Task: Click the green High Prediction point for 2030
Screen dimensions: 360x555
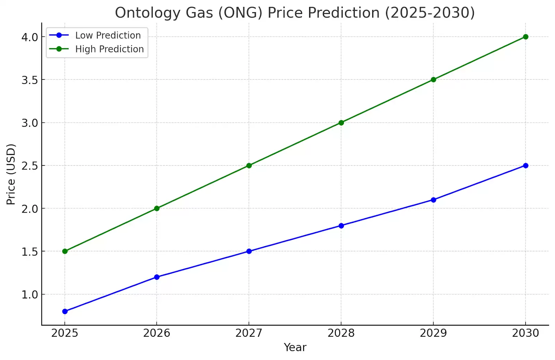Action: pyautogui.click(x=526, y=37)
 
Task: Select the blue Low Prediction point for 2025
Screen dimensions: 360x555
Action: pyautogui.click(x=65, y=311)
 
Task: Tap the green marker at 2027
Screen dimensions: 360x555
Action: pyautogui.click(x=249, y=165)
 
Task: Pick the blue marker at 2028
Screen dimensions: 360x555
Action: pyautogui.click(x=341, y=226)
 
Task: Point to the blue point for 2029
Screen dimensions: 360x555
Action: pyautogui.click(x=433, y=200)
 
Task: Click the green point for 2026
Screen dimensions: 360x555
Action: pyautogui.click(x=157, y=208)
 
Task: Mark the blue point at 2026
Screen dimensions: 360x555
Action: pyautogui.click(x=157, y=277)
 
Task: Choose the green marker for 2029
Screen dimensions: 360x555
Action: pyautogui.click(x=433, y=80)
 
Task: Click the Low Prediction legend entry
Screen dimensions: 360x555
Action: pyautogui.click(x=108, y=35)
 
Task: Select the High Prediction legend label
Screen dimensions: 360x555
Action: pyautogui.click(x=109, y=49)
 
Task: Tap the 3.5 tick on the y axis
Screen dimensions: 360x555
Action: pyautogui.click(x=29, y=80)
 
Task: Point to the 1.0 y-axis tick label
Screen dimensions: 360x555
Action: pyautogui.click(x=29, y=295)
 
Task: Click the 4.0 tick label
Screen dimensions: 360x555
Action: pyautogui.click(x=29, y=37)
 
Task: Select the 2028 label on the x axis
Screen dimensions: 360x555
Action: pyautogui.click(x=341, y=333)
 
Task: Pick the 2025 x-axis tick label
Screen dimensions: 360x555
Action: pyautogui.click(x=65, y=333)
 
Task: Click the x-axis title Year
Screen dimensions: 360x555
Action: pyautogui.click(x=295, y=348)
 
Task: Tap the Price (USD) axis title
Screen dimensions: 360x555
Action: pyautogui.click(x=11, y=174)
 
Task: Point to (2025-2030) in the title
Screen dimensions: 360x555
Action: pyautogui.click(x=430, y=13)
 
